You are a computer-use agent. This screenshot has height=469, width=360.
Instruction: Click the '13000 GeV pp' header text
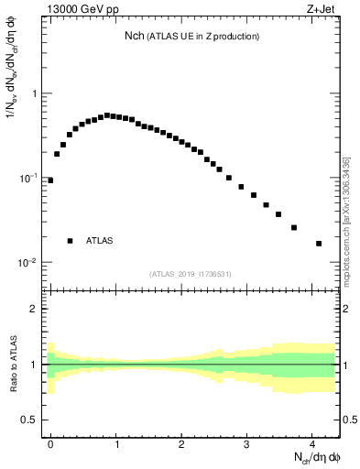click(x=79, y=11)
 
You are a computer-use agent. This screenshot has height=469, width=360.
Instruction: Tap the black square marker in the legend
click(x=70, y=241)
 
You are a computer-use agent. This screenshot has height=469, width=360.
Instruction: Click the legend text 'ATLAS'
click(x=100, y=241)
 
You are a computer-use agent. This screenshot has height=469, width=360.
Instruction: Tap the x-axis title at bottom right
click(x=317, y=455)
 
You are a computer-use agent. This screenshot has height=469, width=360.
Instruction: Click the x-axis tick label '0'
click(x=51, y=443)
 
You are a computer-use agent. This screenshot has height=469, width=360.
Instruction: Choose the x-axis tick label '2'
click(x=182, y=443)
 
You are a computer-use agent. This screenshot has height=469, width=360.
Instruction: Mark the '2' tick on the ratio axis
click(x=35, y=309)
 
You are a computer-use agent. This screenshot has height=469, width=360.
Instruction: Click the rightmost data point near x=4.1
click(x=319, y=244)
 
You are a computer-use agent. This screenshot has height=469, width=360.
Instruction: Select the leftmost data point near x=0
click(x=50, y=180)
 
